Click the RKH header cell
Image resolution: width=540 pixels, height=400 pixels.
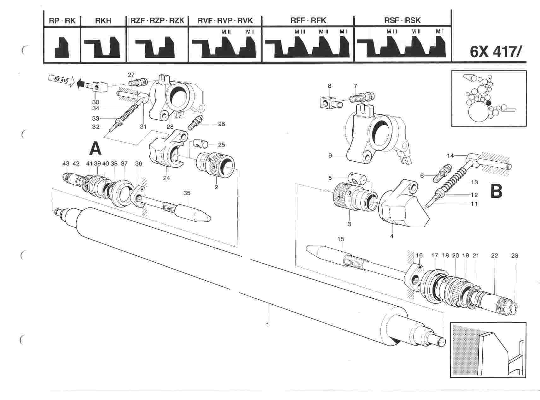click(103, 21)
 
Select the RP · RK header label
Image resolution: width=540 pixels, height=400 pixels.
click(62, 21)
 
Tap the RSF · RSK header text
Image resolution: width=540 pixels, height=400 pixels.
click(402, 21)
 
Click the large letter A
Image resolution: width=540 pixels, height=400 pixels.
click(95, 149)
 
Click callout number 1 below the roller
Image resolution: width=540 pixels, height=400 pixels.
click(268, 325)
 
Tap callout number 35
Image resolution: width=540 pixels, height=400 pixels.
click(187, 193)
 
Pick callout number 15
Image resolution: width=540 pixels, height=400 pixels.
click(340, 239)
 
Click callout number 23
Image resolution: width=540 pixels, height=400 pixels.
click(514, 256)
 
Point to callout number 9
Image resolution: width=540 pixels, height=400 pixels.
click(330, 155)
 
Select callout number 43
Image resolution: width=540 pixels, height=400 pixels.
click(66, 164)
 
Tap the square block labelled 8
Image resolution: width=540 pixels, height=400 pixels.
click(327, 102)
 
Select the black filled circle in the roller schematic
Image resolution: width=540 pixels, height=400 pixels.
click(489, 103)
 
